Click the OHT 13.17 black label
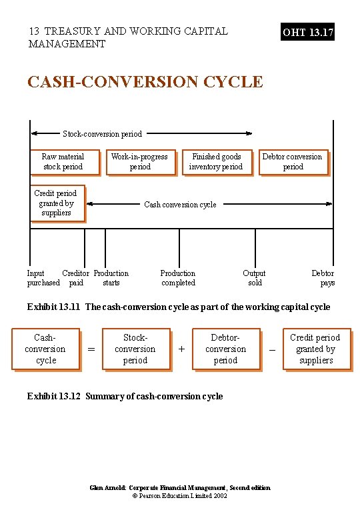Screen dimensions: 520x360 click(308, 31)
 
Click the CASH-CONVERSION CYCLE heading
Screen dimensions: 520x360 click(145, 82)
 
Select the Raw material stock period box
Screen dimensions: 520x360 click(63, 162)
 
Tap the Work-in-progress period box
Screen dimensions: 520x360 click(140, 162)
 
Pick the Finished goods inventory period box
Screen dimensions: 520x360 click(216, 162)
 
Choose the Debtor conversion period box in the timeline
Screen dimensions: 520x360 click(293, 162)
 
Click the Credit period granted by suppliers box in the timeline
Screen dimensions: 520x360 click(56, 203)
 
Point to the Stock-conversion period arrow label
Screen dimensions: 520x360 click(102, 134)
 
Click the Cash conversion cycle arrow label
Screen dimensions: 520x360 click(180, 205)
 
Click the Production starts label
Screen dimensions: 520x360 click(111, 278)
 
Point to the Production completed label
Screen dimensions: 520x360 click(178, 278)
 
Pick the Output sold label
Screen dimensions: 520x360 click(254, 278)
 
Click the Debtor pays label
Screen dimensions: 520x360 click(323, 278)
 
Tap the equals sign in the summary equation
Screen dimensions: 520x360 click(91, 349)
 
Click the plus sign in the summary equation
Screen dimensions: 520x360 click(181, 349)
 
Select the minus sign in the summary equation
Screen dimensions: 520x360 click(271, 349)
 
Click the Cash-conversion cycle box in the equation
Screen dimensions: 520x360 click(46, 349)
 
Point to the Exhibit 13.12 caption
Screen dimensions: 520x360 click(125, 397)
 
